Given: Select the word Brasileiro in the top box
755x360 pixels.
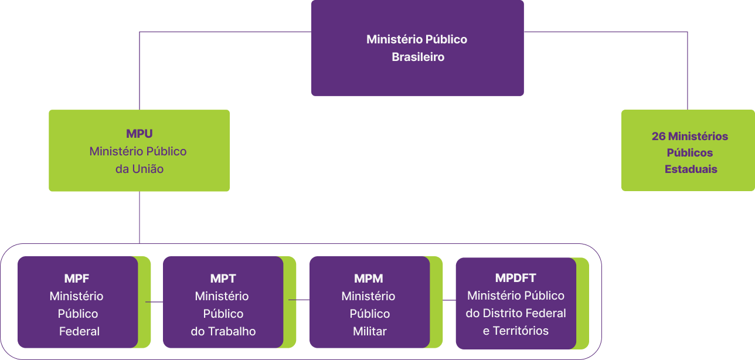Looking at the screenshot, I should tap(417, 57).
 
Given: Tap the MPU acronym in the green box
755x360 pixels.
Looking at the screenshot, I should tap(139, 134).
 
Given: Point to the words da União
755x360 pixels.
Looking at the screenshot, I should tap(139, 169).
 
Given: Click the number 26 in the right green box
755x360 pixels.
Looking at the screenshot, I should tap(658, 137).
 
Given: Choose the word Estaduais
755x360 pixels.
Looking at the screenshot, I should tap(691, 169).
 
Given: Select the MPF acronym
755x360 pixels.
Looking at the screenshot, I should tap(77, 279).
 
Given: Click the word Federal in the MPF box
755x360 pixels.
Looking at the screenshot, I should tap(79, 331).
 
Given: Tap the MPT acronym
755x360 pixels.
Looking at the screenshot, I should tap(223, 279).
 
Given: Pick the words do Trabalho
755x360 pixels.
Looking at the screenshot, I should tap(223, 331).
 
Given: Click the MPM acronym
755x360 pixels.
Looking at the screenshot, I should tap(368, 279).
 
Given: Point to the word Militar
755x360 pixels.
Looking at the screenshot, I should tap(369, 331).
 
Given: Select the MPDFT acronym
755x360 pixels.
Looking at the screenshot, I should tap(515, 278).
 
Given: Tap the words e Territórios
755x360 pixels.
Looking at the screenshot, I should tap(515, 331).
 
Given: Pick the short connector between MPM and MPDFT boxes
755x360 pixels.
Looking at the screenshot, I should tap(449, 300).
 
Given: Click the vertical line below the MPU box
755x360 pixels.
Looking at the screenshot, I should tap(140, 217).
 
